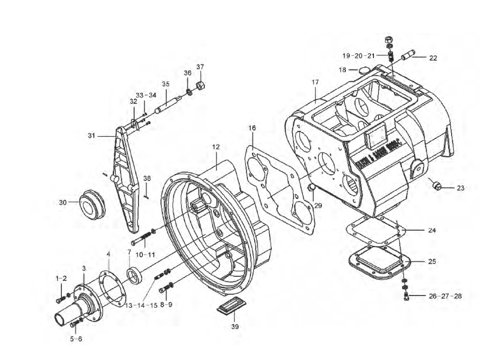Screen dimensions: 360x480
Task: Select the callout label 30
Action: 62,202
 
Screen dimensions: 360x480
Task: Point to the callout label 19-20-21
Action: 359,56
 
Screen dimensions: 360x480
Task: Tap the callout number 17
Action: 315,82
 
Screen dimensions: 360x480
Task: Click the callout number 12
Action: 216,146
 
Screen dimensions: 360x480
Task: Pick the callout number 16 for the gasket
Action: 252,128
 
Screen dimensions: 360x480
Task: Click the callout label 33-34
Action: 146,95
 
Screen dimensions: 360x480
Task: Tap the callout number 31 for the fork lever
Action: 92,136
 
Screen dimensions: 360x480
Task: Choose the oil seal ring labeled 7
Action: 135,275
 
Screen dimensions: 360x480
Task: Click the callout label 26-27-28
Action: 445,296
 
